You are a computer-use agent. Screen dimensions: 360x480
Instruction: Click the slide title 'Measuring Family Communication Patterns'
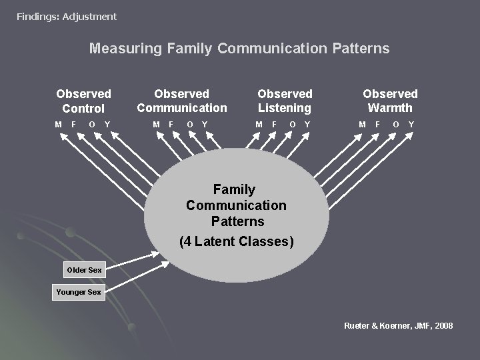coord(239,49)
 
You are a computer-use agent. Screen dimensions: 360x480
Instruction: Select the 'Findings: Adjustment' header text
coord(67,17)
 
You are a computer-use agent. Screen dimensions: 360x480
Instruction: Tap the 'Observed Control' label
coord(83,101)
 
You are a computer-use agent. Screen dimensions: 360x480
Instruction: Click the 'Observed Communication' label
coord(182,101)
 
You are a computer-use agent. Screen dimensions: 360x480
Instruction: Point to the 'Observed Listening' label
coord(285,101)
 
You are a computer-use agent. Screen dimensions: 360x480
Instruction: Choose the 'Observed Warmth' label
coord(390,101)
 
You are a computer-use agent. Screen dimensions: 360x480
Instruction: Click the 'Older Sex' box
coord(84,270)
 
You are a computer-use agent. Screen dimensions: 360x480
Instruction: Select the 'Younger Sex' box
coord(79,292)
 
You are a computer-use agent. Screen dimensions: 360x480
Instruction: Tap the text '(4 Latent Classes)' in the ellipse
coord(237,241)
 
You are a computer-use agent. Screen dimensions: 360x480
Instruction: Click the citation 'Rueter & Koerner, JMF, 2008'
coord(398,325)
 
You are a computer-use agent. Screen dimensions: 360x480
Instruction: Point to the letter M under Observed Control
coord(59,125)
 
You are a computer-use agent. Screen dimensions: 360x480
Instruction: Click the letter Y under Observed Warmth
coord(411,125)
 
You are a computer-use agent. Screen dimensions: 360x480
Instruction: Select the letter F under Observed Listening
coord(274,125)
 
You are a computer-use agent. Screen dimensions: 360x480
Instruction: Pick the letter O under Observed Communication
coord(190,125)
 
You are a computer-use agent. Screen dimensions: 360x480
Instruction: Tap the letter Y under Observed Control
coord(107,125)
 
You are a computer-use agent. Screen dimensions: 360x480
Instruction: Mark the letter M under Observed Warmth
coord(362,125)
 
